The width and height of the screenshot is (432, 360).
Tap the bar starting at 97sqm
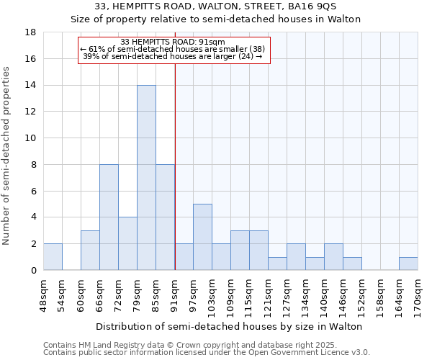tap(202, 237)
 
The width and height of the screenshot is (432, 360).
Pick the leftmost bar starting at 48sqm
tap(53, 257)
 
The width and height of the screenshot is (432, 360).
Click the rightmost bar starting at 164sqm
tap(408, 264)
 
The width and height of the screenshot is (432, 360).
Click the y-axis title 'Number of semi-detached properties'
tap(7, 156)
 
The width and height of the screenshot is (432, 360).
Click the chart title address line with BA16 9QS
tap(215, 6)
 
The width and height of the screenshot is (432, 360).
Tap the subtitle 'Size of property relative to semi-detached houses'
tap(215, 19)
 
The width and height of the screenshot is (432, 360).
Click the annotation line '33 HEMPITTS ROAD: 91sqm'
tap(173, 42)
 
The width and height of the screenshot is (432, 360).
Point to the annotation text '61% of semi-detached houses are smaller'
tap(173, 49)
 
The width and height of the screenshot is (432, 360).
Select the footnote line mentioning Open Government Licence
tap(207, 352)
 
